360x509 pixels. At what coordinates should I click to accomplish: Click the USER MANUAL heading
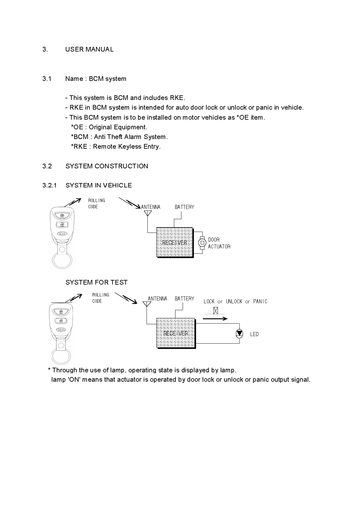pyautogui.click(x=89, y=49)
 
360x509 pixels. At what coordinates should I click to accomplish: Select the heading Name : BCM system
pyautogui.click(x=96, y=79)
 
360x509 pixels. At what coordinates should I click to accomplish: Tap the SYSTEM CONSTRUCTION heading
pyautogui.click(x=107, y=166)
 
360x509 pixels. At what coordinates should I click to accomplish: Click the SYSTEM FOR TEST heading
pyautogui.click(x=97, y=282)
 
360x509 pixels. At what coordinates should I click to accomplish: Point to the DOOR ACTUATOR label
pyautogui.click(x=219, y=243)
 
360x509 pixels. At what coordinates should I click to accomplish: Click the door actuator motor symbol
pyautogui.click(x=202, y=242)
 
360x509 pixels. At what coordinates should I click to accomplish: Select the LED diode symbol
pyautogui.click(x=239, y=333)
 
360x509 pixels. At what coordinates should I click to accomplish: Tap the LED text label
pyautogui.click(x=254, y=334)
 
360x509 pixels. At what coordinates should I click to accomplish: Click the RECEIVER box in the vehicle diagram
pyautogui.click(x=175, y=242)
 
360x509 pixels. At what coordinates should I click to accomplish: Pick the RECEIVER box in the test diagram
pyautogui.click(x=176, y=333)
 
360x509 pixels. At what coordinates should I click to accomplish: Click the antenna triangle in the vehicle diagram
pyautogui.click(x=147, y=213)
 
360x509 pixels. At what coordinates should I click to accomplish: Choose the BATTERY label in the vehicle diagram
pyautogui.click(x=184, y=207)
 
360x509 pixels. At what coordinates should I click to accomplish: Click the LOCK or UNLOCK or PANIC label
pyautogui.click(x=235, y=301)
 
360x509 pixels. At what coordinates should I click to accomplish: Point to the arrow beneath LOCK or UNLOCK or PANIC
pyautogui.click(x=215, y=318)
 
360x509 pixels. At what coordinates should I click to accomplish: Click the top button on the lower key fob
pyautogui.click(x=61, y=311)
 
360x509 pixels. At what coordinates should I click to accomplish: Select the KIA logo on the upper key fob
pyautogui.click(x=62, y=234)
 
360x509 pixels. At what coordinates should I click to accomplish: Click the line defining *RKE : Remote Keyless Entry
pyautogui.click(x=116, y=147)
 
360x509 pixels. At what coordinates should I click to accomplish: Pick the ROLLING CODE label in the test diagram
pyautogui.click(x=100, y=298)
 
